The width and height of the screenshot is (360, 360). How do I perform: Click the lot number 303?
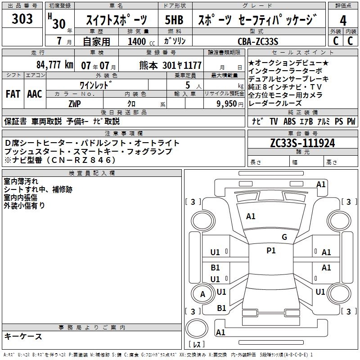(22, 19)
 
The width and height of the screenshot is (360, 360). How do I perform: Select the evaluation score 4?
(343, 20)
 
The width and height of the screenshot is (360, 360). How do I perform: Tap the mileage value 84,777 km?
(55, 64)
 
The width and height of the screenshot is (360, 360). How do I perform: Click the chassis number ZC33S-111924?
(302, 143)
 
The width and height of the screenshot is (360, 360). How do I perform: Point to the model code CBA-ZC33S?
(258, 41)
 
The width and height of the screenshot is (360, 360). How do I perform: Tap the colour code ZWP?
(75, 103)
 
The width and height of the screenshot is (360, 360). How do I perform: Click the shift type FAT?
(13, 94)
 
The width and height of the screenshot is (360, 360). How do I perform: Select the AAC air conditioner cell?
(35, 94)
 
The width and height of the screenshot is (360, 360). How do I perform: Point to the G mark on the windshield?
(284, 237)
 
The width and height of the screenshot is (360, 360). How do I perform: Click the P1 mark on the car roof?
(271, 251)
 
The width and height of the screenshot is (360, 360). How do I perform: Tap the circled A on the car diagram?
(202, 294)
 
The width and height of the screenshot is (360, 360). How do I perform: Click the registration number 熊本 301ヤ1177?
(171, 65)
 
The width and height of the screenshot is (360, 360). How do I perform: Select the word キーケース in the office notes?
(23, 336)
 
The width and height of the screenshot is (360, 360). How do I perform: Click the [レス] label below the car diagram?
(196, 345)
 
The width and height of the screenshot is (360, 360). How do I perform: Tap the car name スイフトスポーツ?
(116, 20)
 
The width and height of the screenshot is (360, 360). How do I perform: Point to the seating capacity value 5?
(187, 85)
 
